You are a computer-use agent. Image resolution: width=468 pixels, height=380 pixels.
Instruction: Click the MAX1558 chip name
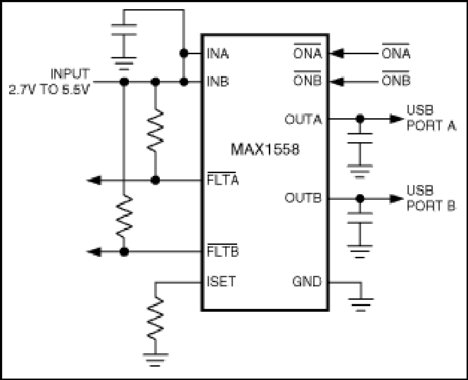click(x=265, y=149)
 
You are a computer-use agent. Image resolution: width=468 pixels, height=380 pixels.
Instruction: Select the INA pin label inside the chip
click(x=218, y=53)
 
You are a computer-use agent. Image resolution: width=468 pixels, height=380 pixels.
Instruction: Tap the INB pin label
click(x=218, y=81)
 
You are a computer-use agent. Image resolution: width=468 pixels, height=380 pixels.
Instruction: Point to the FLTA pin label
click(x=222, y=179)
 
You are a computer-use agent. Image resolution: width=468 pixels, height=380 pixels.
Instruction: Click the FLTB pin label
click(x=222, y=251)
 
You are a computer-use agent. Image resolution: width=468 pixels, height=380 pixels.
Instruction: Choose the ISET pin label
click(x=221, y=281)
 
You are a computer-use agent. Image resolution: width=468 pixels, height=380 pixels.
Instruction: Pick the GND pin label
click(x=307, y=281)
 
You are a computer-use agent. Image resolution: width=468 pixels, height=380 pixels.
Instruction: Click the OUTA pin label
click(x=303, y=120)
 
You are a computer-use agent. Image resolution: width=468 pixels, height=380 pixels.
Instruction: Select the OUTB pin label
click(x=303, y=198)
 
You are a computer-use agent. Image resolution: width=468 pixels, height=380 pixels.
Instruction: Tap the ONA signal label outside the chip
click(x=396, y=53)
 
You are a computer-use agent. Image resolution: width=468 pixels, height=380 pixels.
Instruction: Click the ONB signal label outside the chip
click(x=396, y=80)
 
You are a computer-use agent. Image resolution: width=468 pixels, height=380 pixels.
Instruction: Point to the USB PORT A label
click(x=431, y=118)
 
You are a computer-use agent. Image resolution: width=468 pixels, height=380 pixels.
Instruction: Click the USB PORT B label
click(x=431, y=198)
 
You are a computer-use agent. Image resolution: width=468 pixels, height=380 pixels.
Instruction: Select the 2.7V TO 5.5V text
click(x=49, y=89)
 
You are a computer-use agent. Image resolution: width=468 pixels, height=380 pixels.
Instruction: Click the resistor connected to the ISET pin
click(x=156, y=318)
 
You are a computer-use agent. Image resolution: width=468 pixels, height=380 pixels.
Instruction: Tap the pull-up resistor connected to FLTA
click(x=156, y=130)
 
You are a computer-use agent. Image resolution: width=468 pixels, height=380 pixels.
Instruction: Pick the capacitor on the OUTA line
click(x=360, y=138)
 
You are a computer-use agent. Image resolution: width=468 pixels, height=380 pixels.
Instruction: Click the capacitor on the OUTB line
click(x=360, y=218)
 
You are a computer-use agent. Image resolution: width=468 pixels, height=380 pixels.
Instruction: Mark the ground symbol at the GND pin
click(x=361, y=305)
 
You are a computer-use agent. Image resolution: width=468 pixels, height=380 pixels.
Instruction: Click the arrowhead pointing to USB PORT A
click(x=397, y=119)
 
